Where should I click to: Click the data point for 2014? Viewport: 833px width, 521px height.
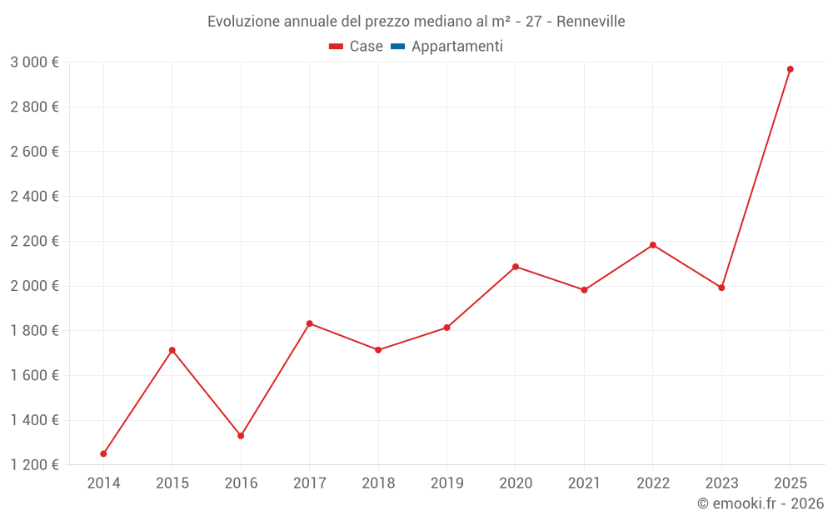tap(103, 453)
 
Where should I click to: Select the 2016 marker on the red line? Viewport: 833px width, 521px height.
tap(241, 436)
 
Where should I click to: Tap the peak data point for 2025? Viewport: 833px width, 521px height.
tap(791, 69)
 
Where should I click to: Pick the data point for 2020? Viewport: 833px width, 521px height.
tap(516, 267)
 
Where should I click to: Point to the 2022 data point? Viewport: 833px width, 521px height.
tap(653, 245)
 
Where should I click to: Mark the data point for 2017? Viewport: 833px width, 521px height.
tap(310, 323)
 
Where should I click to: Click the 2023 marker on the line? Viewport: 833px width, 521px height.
tap(721, 288)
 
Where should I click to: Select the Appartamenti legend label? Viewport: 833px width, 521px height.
tap(456, 47)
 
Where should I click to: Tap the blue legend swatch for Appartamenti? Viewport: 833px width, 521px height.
tap(397, 47)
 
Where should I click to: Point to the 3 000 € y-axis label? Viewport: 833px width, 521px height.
tap(34, 62)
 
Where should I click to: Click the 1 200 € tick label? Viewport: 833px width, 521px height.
tap(34, 465)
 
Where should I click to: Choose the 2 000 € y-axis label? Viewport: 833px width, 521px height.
tap(34, 286)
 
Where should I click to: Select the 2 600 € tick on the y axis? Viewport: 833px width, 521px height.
tap(34, 152)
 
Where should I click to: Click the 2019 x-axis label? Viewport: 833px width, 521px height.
tap(447, 483)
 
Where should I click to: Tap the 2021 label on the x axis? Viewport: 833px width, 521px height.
tap(584, 483)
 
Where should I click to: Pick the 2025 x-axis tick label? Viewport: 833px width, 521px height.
tap(791, 483)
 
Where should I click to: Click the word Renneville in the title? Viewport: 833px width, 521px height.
tap(591, 22)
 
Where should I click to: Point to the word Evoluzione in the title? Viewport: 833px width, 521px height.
tap(245, 22)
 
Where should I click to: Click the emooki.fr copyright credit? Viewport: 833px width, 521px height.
tap(761, 503)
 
